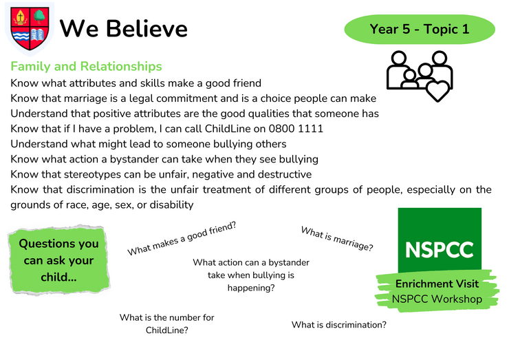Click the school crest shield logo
30,28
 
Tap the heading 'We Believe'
124,29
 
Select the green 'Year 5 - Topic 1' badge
420,29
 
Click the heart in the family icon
437,90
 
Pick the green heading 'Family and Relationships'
86,66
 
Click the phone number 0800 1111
296,129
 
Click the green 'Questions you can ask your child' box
58,260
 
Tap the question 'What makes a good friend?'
182,239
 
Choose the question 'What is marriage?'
337,239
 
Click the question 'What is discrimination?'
339,325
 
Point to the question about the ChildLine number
167,324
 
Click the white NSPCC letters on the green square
440,250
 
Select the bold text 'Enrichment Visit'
437,284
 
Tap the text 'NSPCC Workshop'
437,299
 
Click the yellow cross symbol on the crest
21,17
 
